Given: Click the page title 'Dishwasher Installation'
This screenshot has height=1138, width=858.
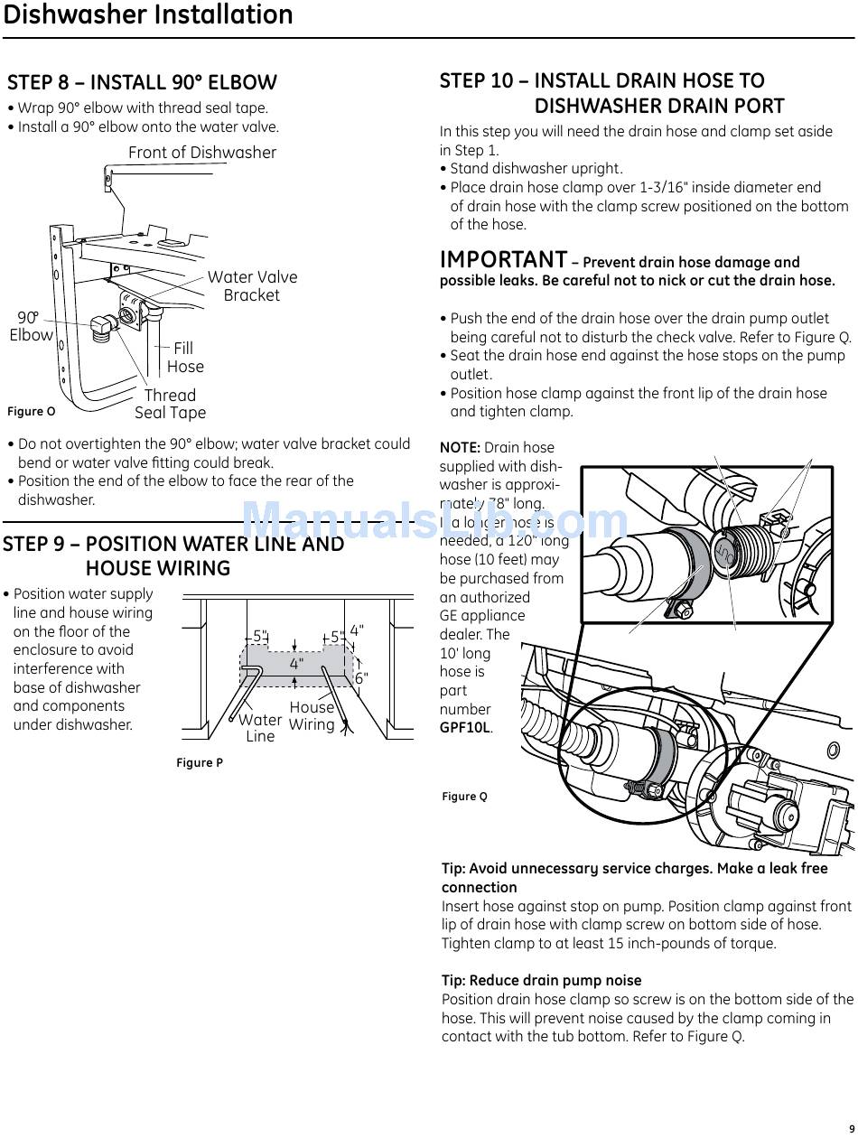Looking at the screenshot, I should point(148,15).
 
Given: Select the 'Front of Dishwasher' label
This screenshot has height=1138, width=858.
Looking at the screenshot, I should point(201,153).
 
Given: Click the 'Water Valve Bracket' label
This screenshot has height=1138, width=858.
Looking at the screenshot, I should point(252,286).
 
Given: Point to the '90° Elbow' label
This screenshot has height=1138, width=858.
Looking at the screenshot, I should point(31,326).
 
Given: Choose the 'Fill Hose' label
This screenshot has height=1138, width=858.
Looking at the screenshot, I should point(184,357).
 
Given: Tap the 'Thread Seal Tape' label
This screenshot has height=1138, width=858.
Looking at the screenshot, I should point(170,404).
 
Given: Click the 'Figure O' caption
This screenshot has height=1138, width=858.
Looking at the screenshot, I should point(32,412).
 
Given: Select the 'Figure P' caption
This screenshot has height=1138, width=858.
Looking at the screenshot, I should point(200,763).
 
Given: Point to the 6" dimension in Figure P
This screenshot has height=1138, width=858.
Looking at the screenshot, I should point(361,677).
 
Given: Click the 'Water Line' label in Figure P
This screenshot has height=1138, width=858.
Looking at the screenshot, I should point(260,728).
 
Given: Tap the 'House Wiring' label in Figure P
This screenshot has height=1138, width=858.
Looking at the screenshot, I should point(312,716).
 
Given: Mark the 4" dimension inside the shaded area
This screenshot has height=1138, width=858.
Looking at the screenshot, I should point(296,663).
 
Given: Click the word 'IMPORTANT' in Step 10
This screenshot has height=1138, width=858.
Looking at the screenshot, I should point(503,260).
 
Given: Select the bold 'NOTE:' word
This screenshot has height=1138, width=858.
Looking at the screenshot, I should point(460,448).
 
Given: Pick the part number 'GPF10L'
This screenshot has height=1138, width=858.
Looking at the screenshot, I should point(465,728).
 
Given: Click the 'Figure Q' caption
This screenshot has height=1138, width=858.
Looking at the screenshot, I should point(464,797).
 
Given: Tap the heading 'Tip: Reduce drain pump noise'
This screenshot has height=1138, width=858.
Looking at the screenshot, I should point(541,980).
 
